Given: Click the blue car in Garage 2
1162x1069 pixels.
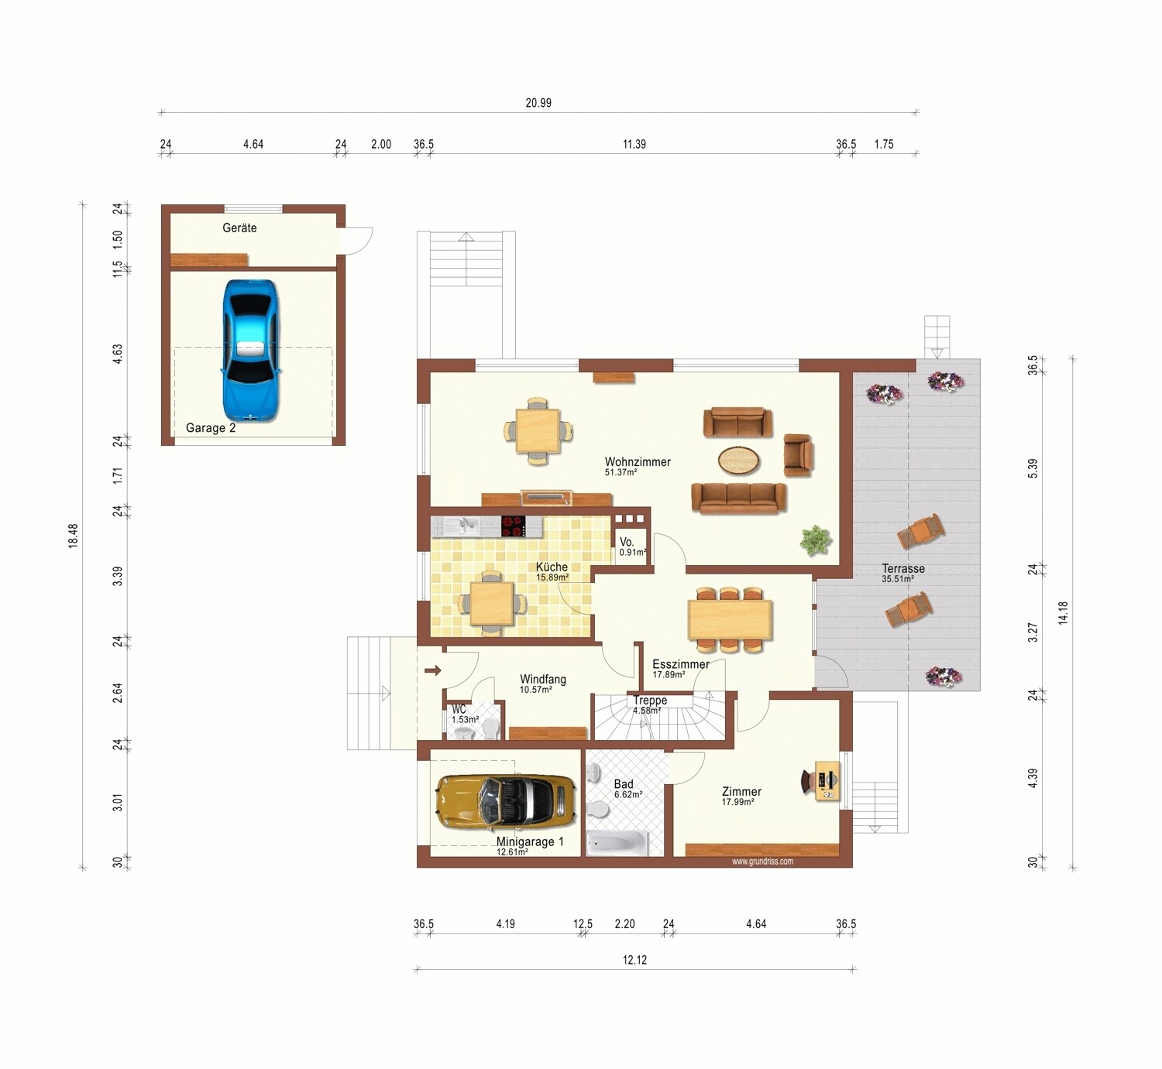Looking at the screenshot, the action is [x=251, y=351].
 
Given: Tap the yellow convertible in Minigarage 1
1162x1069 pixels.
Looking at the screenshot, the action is [x=506, y=802].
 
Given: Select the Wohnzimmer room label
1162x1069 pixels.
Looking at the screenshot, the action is [x=638, y=462].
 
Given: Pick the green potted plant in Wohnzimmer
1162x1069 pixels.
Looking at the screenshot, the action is [x=816, y=540].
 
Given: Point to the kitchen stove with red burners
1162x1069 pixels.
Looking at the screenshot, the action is [x=514, y=526].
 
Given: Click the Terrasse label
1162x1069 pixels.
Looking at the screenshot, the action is [x=903, y=569].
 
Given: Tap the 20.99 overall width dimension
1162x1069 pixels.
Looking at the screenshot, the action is [x=538, y=103].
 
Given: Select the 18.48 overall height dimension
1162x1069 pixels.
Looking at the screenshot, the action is [x=73, y=536].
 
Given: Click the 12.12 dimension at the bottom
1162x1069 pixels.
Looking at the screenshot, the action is [x=634, y=960].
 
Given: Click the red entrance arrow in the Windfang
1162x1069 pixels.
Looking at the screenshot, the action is [x=433, y=670].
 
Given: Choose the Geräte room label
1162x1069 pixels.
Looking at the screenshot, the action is [x=239, y=228].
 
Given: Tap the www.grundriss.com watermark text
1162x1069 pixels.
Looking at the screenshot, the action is [x=762, y=862].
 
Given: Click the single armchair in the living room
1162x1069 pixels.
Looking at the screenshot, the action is [x=798, y=454].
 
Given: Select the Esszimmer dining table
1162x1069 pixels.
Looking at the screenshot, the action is [x=730, y=619].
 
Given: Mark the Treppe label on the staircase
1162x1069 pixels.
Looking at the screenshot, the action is [x=650, y=701].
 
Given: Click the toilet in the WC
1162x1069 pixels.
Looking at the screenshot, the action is [x=490, y=728].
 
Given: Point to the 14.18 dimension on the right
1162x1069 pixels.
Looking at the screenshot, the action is [x=1062, y=612].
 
